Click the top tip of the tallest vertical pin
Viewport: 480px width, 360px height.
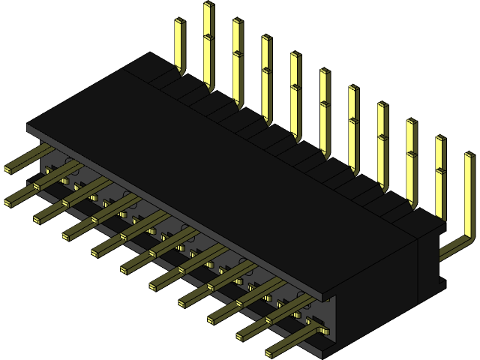point(208,4)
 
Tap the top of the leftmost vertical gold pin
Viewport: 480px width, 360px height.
point(179,22)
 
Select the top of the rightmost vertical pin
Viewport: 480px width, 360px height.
point(469,156)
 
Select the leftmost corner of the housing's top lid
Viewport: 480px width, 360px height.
point(28,127)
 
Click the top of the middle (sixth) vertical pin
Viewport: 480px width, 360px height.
point(324,72)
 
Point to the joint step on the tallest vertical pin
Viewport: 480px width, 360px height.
point(208,36)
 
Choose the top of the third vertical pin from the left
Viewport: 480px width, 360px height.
point(237,22)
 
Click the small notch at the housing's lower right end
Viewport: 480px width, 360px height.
point(442,283)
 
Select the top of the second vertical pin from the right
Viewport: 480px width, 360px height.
point(440,139)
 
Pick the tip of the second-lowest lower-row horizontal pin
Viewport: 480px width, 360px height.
point(241,335)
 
